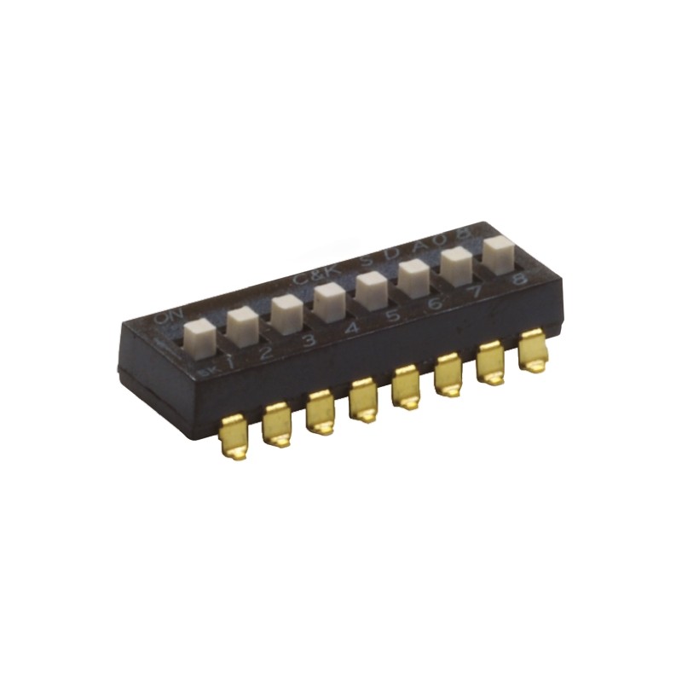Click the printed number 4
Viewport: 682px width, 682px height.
[x=350, y=327]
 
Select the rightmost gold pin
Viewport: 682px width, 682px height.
[x=534, y=351]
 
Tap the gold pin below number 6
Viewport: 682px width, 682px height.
[x=450, y=374]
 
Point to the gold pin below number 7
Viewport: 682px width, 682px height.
[x=492, y=362]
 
